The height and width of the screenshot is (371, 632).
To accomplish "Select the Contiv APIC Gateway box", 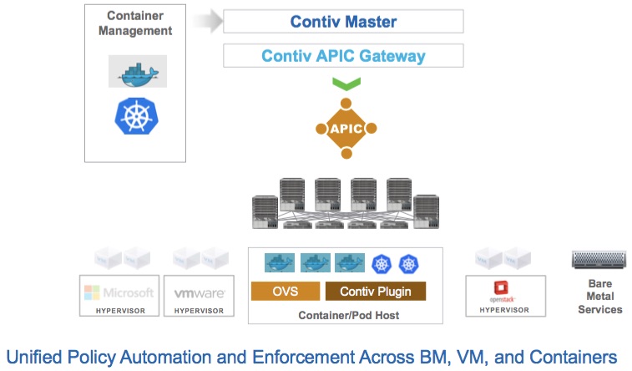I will [343, 57].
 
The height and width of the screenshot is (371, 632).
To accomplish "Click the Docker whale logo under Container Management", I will [137, 73].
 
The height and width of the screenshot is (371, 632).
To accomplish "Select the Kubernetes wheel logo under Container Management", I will [137, 115].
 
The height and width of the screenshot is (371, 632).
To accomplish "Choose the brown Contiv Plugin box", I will [375, 292].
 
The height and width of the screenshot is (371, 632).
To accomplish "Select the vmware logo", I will [199, 294].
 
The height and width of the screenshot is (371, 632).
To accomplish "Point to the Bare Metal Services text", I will [599, 297].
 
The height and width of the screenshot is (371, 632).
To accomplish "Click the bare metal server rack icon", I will [599, 261].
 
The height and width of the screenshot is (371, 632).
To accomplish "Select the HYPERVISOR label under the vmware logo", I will [199, 310].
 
